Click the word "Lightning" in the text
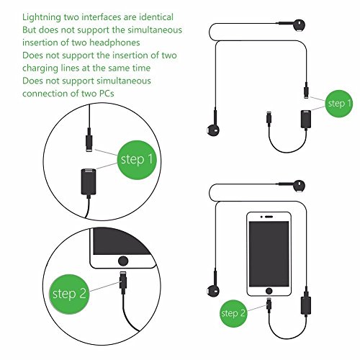click(x=42, y=17)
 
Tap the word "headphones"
click(x=114, y=42)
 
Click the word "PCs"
click(x=107, y=94)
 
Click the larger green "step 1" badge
click(x=137, y=160)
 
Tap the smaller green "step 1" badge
click(x=339, y=104)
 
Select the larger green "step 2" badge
click(x=69, y=294)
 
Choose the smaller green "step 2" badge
click(x=233, y=313)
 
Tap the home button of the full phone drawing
click(x=269, y=291)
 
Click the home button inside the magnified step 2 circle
click(x=123, y=261)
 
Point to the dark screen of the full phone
click(x=269, y=254)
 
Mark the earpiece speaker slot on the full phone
click(x=269, y=217)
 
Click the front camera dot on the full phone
click(x=262, y=217)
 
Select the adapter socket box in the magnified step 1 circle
click(x=89, y=182)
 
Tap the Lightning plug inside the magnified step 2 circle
click(x=123, y=282)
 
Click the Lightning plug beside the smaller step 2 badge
click(x=269, y=305)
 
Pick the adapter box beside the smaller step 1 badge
click(x=306, y=120)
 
